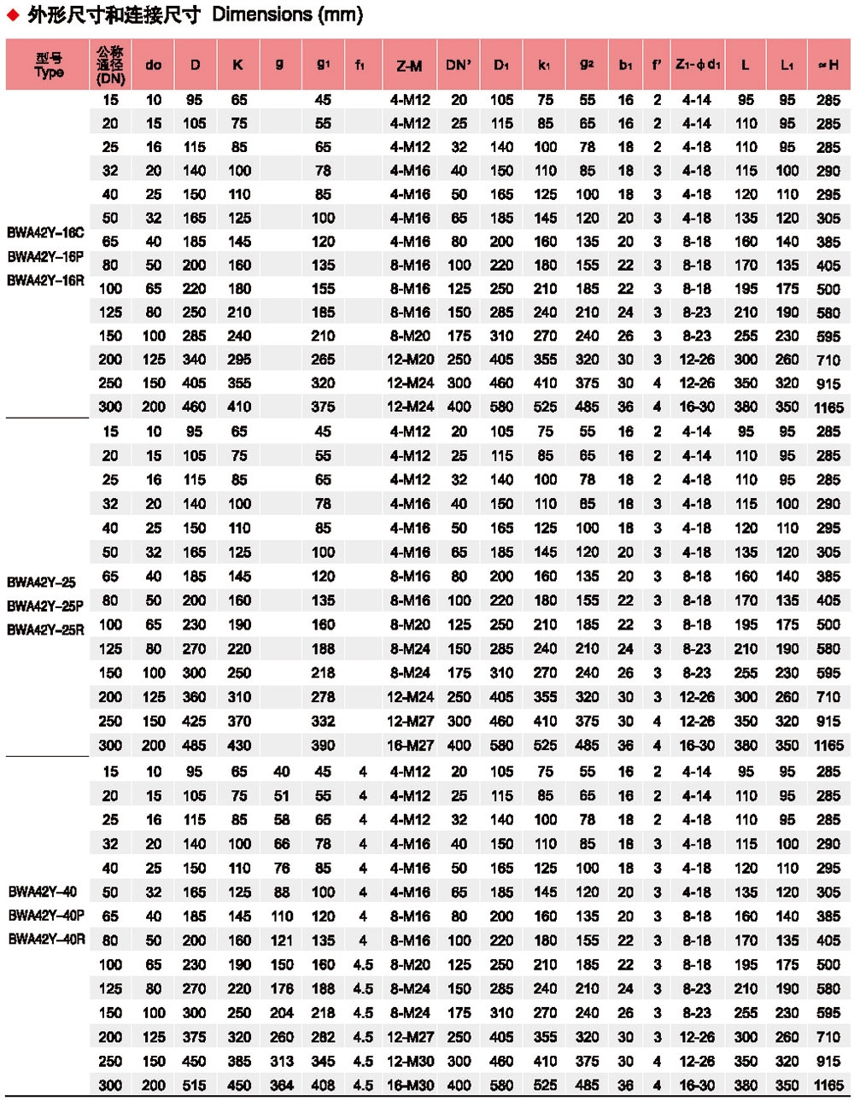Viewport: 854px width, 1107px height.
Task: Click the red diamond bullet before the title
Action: [x=13, y=15]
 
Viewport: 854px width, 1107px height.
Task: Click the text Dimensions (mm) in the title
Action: [x=287, y=15]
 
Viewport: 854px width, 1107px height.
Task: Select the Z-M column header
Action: [x=409, y=65]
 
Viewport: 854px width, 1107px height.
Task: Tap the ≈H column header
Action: [x=828, y=65]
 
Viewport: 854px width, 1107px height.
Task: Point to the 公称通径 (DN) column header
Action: [x=110, y=65]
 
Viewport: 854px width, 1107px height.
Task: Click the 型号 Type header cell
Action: [x=49, y=65]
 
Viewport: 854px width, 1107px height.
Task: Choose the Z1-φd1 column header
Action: [x=697, y=65]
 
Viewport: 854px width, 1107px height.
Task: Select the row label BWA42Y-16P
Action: [x=45, y=256]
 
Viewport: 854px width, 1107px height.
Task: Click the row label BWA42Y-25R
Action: [x=45, y=630]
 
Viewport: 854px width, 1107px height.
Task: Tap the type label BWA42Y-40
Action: [x=42, y=892]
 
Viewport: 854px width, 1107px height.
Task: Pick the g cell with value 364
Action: [x=282, y=1086]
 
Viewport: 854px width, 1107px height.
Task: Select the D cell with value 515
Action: [x=195, y=1086]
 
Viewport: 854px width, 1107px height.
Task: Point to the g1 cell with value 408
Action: [x=323, y=1086]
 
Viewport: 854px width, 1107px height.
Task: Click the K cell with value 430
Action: [x=239, y=746]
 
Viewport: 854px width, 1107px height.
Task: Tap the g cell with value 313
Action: [x=282, y=1062]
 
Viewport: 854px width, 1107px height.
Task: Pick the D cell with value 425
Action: [x=195, y=722]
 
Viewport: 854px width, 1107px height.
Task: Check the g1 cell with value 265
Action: [x=323, y=360]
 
